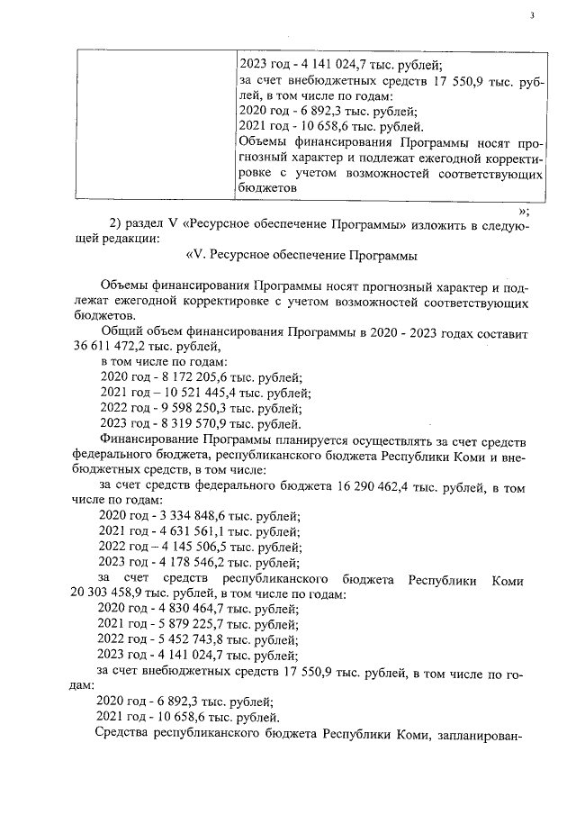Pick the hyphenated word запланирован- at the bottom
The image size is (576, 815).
pyautogui.click(x=479, y=734)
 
